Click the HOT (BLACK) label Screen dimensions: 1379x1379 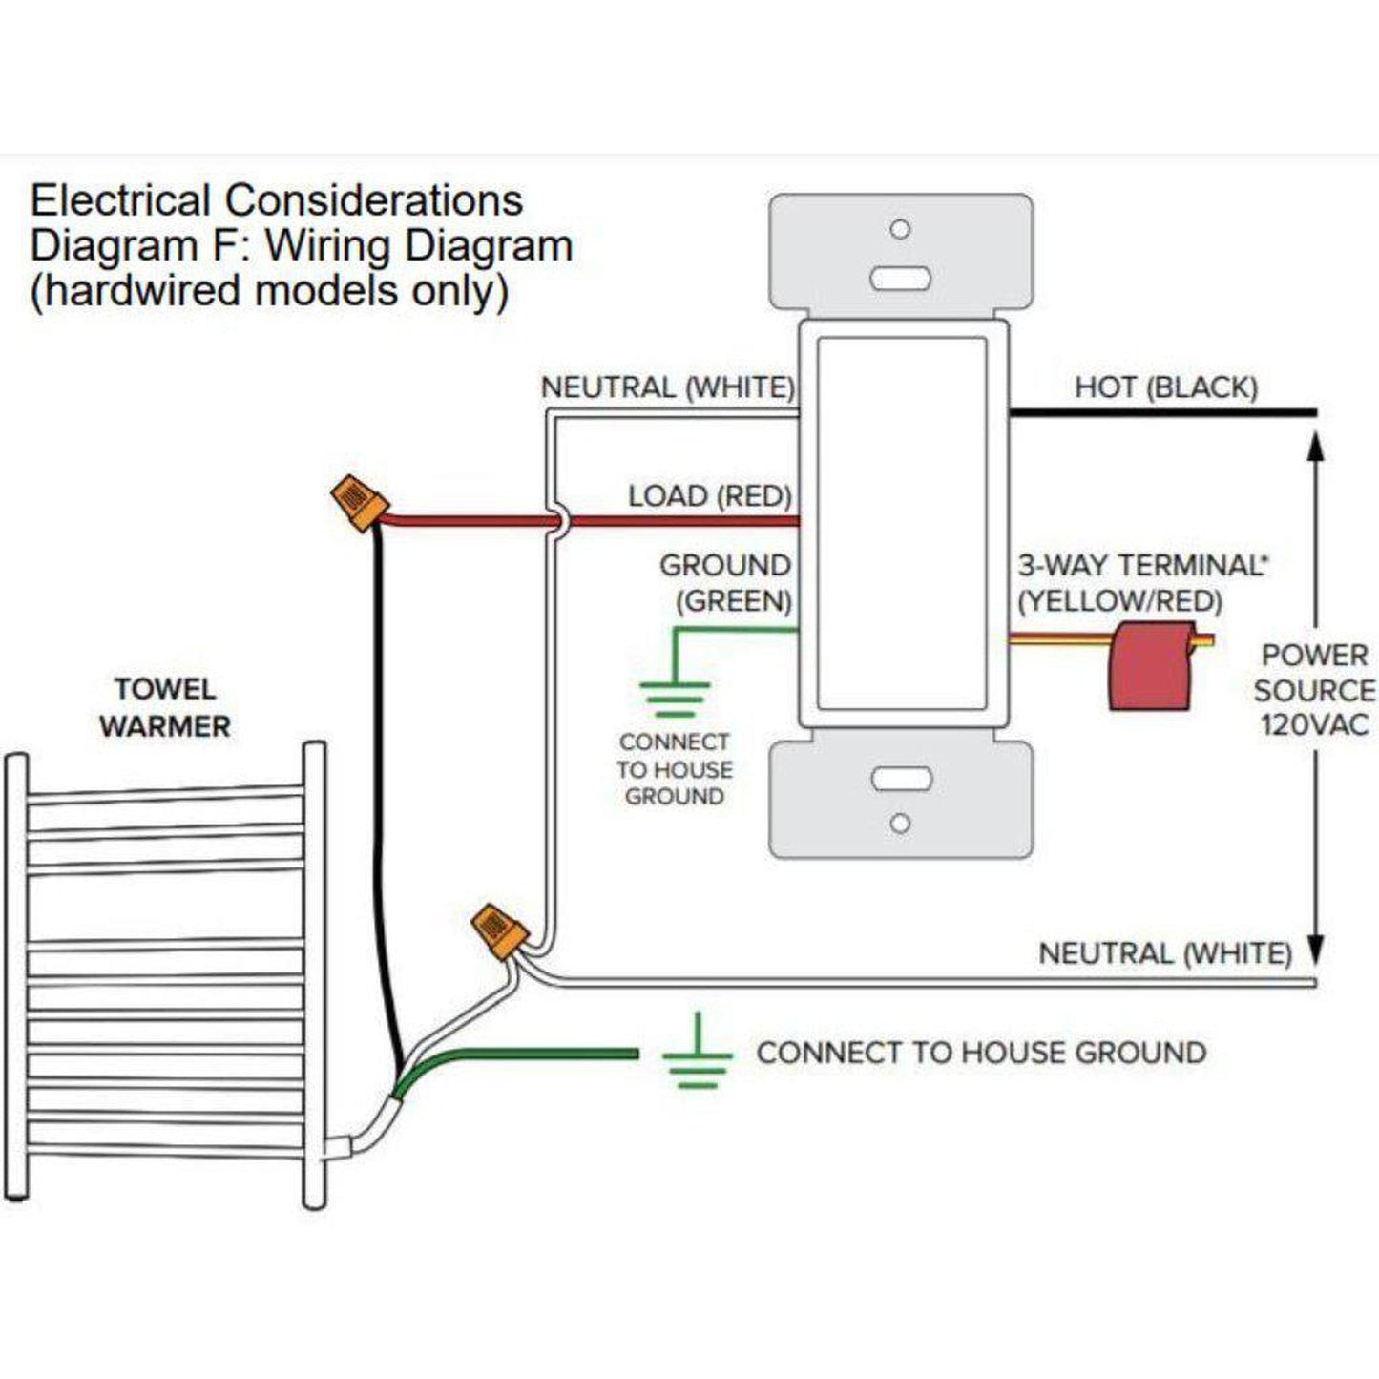tap(1165, 387)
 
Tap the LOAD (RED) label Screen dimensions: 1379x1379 tap(710, 495)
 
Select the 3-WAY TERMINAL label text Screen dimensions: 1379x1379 tap(1141, 565)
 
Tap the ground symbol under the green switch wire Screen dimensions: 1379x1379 tap(675, 699)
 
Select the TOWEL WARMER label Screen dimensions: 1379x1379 tap(165, 707)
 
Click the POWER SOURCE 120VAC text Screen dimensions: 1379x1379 tap(1314, 689)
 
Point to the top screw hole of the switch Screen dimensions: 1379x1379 tap(900, 230)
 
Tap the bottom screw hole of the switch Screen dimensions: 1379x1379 tap(900, 823)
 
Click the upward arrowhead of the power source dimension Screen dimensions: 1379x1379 tap(1315, 449)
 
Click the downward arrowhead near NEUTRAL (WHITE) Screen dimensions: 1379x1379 tap(1315, 950)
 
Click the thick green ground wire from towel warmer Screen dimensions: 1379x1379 tap(534, 1054)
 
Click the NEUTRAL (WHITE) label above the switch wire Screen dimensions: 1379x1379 tap(667, 387)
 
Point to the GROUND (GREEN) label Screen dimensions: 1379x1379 tap(725, 582)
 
